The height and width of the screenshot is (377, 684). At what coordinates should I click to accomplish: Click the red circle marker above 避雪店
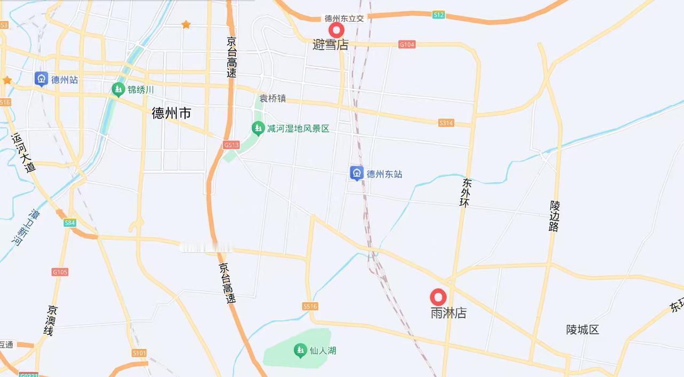tap(336, 30)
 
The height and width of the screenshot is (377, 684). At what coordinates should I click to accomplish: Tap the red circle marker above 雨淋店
tap(438, 297)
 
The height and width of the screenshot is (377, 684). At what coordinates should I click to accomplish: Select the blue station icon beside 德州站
tap(41, 79)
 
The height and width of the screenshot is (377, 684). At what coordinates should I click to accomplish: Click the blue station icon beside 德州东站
tap(356, 173)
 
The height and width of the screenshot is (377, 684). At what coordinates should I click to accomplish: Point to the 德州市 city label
tap(171, 113)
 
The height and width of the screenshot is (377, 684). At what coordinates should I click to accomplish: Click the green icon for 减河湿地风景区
tap(258, 128)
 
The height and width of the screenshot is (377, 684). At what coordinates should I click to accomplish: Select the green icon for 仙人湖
tap(300, 350)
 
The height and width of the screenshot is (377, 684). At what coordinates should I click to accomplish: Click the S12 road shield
tap(438, 15)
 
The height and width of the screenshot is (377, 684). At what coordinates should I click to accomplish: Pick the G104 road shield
tap(407, 44)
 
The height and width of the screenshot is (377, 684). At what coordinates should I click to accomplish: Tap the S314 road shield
tap(446, 123)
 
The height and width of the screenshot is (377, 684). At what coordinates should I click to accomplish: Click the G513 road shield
tap(231, 145)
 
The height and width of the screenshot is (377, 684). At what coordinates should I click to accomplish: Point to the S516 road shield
tap(310, 306)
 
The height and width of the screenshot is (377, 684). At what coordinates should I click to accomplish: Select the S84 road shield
tap(70, 223)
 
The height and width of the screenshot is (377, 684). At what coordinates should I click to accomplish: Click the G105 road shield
tap(60, 272)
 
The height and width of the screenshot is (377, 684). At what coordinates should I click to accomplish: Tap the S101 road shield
tap(139, 353)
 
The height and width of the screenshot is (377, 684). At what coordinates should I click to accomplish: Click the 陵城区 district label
tap(582, 329)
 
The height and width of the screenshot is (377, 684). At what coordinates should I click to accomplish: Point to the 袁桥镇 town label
tap(273, 98)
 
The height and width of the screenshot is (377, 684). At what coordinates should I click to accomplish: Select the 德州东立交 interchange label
tap(344, 18)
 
